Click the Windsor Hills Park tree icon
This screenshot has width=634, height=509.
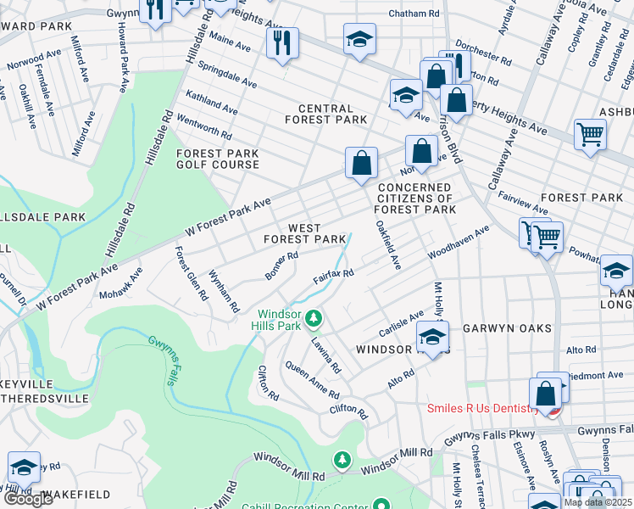[314, 318]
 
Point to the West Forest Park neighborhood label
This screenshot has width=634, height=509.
[304, 234]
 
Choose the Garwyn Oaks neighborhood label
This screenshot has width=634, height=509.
[507, 327]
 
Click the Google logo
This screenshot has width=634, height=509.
[28, 499]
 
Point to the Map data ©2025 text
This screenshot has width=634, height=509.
[598, 502]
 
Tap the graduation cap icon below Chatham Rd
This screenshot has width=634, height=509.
[359, 38]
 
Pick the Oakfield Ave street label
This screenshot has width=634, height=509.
[387, 245]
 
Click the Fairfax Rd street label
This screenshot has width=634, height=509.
[333, 277]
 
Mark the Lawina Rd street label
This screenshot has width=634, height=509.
[325, 355]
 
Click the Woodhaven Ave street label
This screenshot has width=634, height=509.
[459, 243]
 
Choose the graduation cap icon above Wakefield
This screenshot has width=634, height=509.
[24, 467]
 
